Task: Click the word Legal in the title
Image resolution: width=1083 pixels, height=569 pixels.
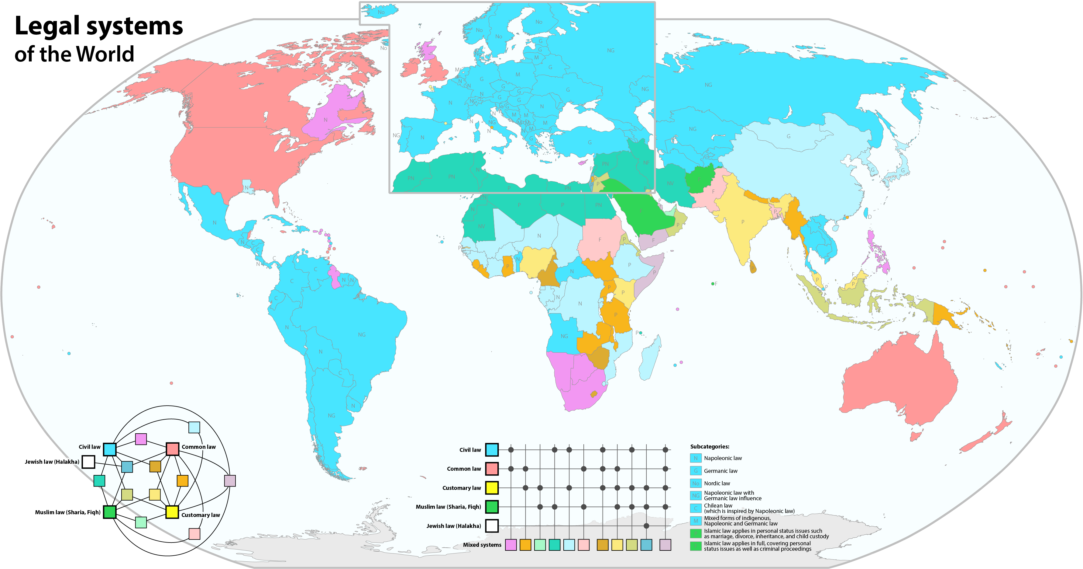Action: pos(47,26)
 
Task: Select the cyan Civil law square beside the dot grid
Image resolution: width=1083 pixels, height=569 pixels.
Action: pos(491,449)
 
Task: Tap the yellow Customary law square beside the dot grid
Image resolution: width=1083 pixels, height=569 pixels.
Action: pos(491,487)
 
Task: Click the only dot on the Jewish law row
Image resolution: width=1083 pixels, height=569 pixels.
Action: pos(646,526)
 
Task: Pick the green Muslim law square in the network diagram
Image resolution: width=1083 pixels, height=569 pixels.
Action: pos(109,512)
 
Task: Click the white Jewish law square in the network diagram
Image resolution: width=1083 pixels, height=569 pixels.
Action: pos(88,462)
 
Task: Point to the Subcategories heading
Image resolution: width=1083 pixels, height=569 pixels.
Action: pos(709,447)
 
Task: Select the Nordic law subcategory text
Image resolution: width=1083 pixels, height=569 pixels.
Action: pos(717,483)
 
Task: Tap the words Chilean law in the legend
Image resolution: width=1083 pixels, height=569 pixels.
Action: pos(718,505)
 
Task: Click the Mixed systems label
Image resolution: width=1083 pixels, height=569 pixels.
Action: pos(482,545)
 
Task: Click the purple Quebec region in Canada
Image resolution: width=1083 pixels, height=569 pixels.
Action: pos(328,118)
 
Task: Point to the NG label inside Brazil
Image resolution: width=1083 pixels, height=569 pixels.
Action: pos(362,335)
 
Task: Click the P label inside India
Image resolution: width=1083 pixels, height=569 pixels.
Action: pos(742,222)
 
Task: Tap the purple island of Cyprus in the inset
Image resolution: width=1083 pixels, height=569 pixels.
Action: pos(582,162)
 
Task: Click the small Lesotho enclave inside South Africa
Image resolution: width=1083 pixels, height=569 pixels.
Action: pos(594,394)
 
